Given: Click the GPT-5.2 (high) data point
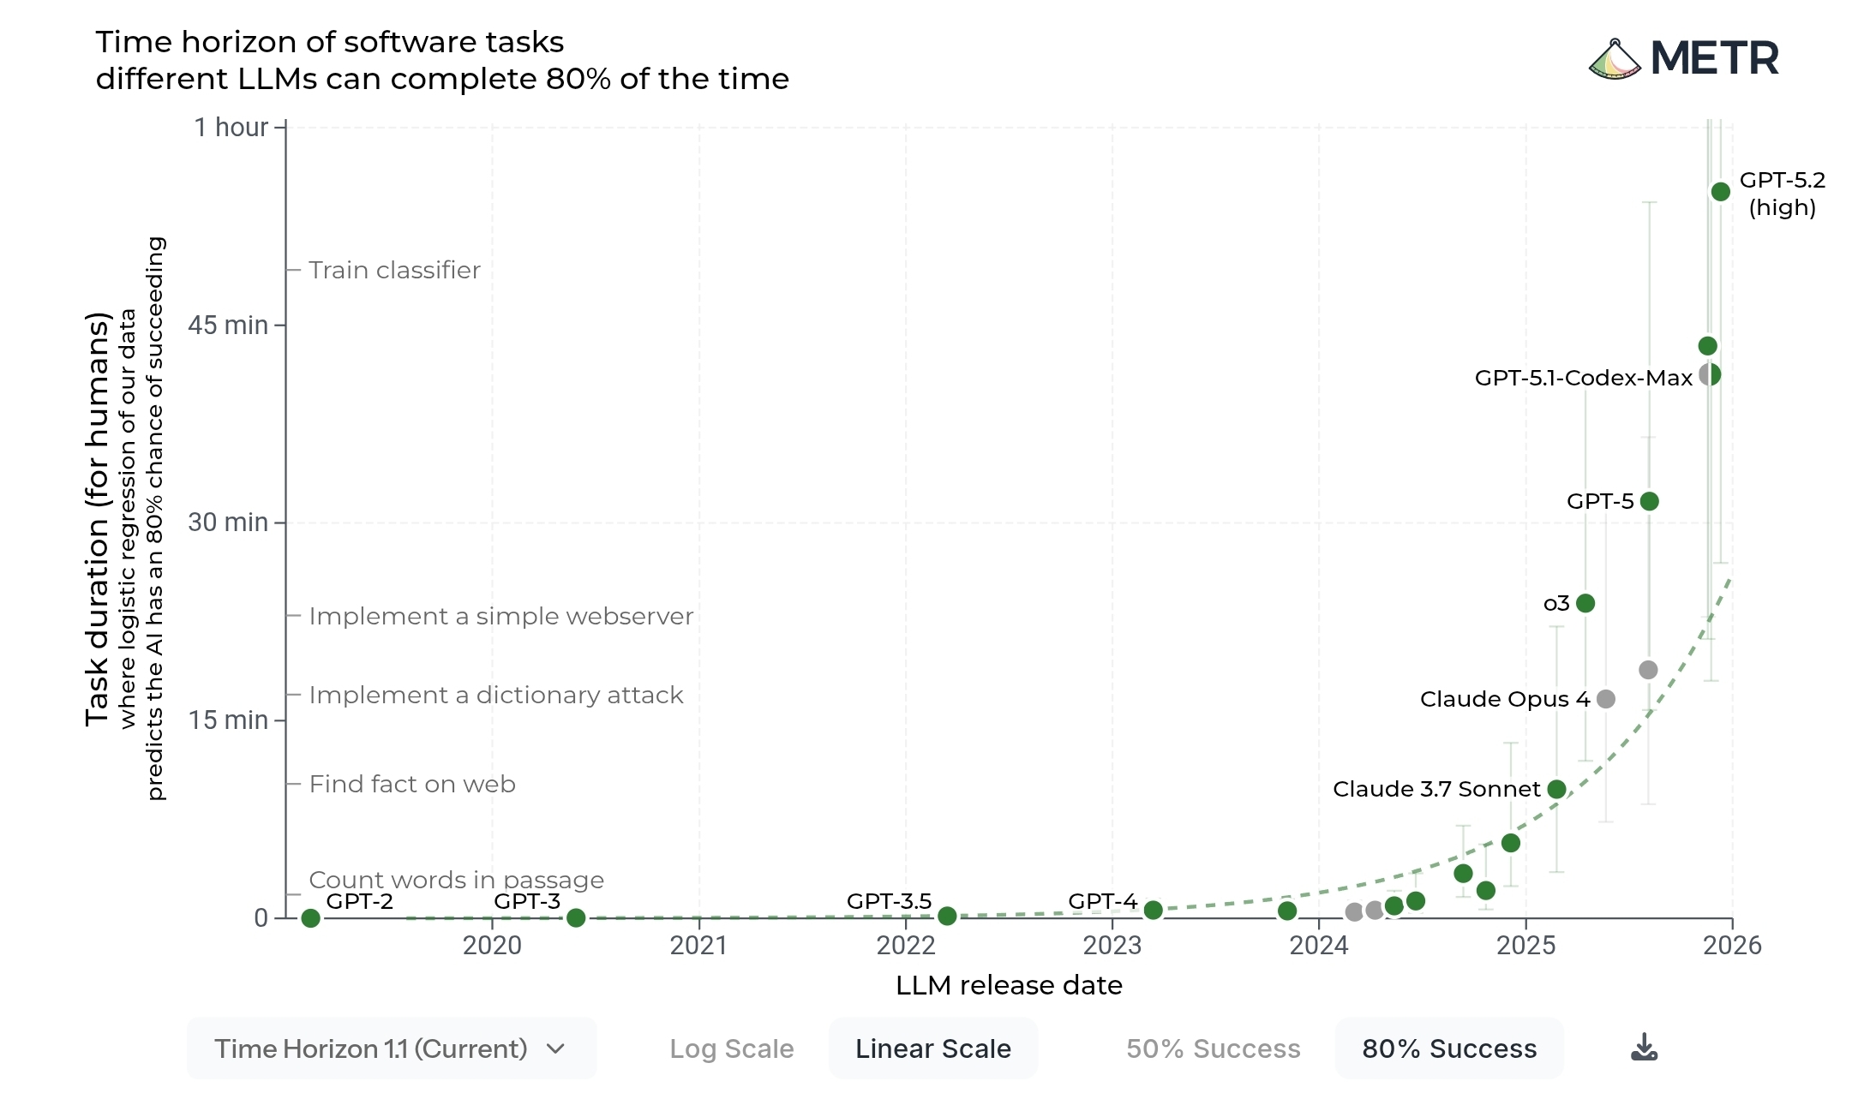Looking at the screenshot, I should pyautogui.click(x=1720, y=192).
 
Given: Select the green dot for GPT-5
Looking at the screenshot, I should pyautogui.click(x=1649, y=501).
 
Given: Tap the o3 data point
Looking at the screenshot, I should pyautogui.click(x=1585, y=603).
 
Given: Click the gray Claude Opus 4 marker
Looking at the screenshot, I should pyautogui.click(x=1606, y=699).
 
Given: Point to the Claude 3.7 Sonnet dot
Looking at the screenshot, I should pyautogui.click(x=1557, y=789).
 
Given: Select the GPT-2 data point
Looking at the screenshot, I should pyautogui.click(x=311, y=918).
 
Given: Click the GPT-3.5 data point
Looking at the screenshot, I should pyautogui.click(x=947, y=916).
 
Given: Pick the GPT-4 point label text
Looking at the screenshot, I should pyautogui.click(x=1102, y=901).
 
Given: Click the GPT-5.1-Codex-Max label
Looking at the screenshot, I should pyautogui.click(x=1583, y=378).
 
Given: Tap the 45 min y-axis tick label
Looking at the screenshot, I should pyautogui.click(x=228, y=326).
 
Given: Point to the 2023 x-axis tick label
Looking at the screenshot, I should pyautogui.click(x=1112, y=946).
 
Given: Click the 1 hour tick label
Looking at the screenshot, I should pyautogui.click(x=231, y=128).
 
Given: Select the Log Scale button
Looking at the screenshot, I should pyautogui.click(x=732, y=1048).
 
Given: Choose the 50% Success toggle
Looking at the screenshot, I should pyautogui.click(x=1213, y=1048).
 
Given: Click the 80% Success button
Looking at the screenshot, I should pyautogui.click(x=1449, y=1048).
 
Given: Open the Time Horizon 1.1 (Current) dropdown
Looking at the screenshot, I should pyautogui.click(x=391, y=1048).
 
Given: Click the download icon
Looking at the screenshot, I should pyautogui.click(x=1644, y=1047).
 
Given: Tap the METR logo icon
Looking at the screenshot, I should pyautogui.click(x=1615, y=60).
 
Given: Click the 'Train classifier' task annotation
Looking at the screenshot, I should pyautogui.click(x=394, y=270).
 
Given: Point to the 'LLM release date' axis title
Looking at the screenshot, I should pyautogui.click(x=1009, y=985).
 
